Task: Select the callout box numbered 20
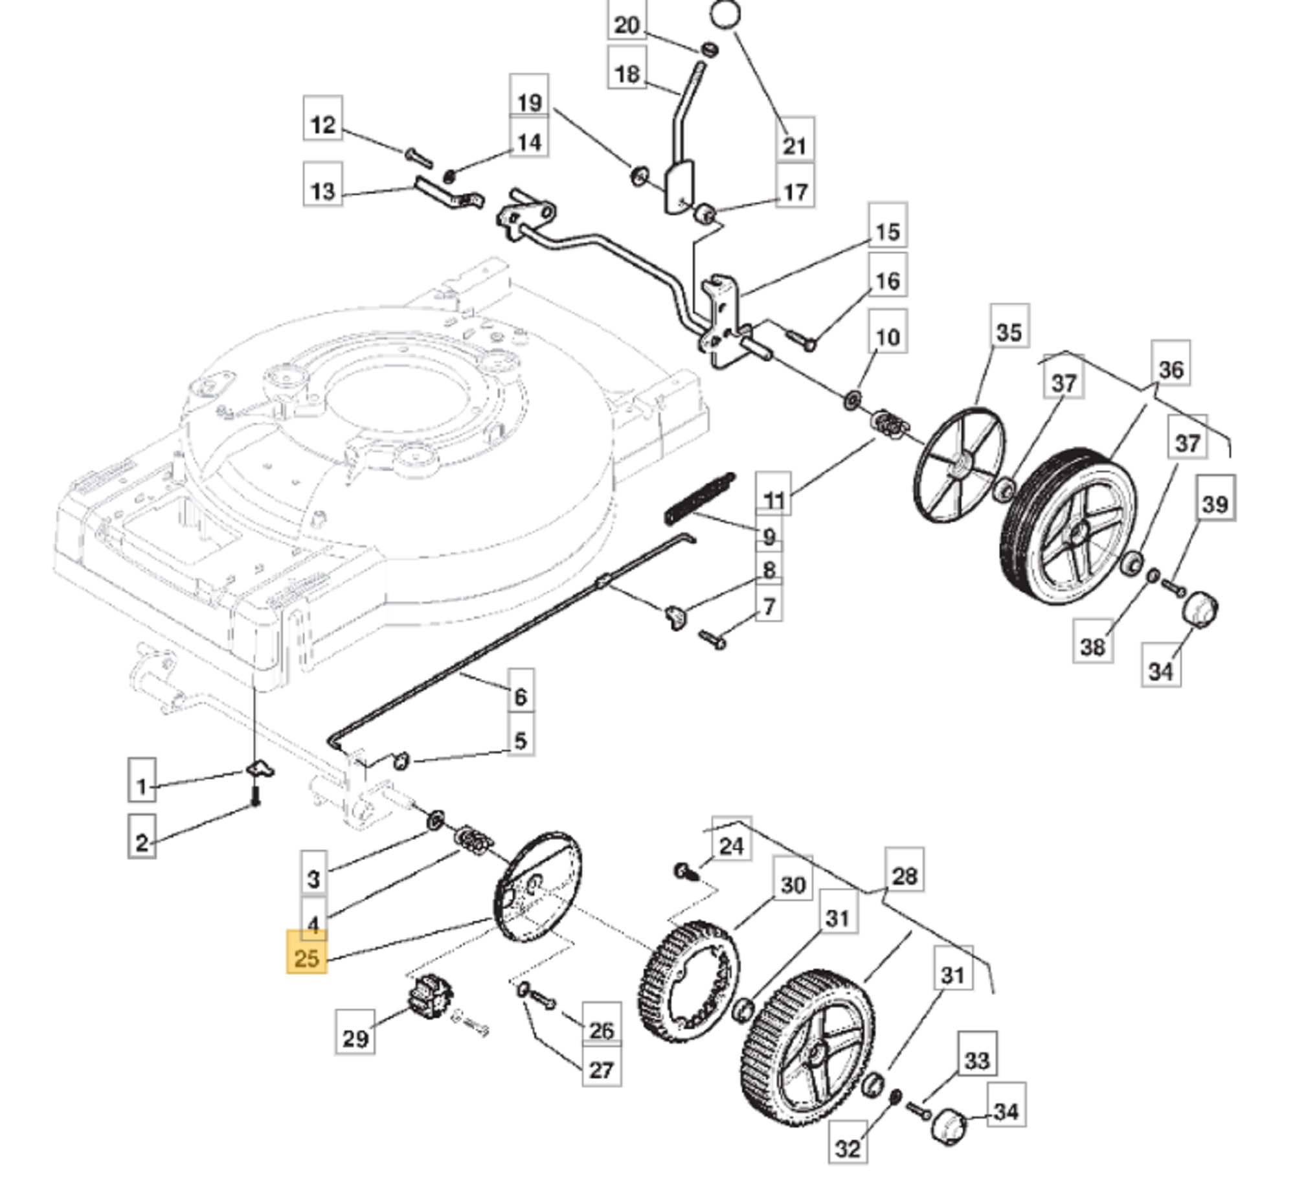click(x=626, y=25)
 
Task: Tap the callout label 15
click(x=887, y=231)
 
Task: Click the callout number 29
click(x=355, y=1038)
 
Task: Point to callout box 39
click(x=1215, y=503)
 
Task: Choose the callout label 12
click(x=323, y=124)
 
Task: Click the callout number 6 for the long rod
click(x=521, y=697)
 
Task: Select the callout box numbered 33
click(x=977, y=1060)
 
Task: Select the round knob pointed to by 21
click(x=726, y=14)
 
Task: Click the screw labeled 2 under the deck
click(x=255, y=795)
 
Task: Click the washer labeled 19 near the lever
click(x=640, y=175)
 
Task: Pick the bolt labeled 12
click(x=418, y=157)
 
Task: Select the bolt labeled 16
click(x=802, y=339)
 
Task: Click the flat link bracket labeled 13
click(x=449, y=194)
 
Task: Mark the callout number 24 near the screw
click(x=731, y=845)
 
